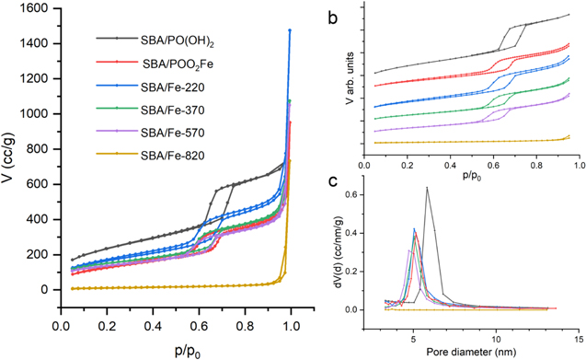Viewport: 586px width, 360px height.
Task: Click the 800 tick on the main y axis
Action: (x=28, y=149)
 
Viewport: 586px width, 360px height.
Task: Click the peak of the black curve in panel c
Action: (x=427, y=188)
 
